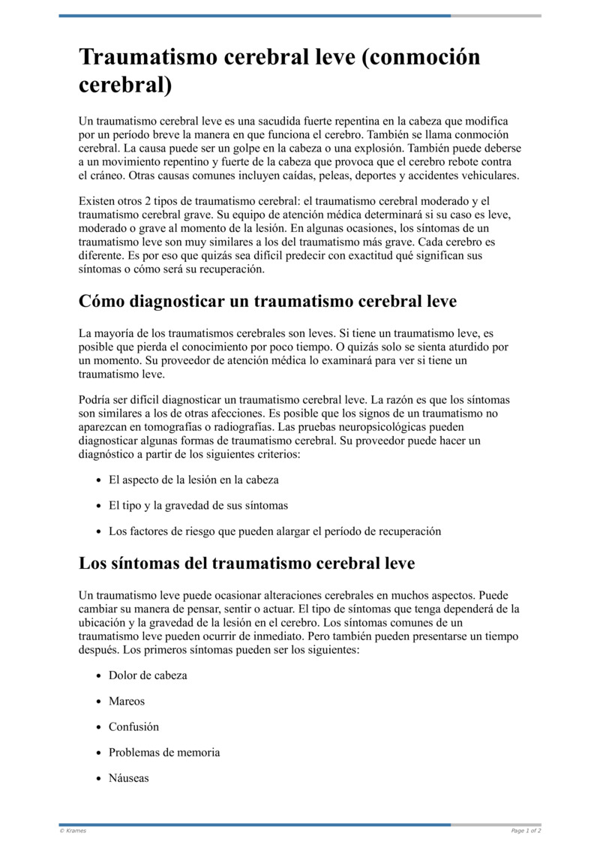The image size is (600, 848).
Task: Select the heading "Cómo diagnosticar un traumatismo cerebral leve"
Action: (x=267, y=302)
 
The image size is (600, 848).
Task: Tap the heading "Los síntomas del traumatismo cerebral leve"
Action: (x=247, y=563)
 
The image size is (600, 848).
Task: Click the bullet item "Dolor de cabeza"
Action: (x=148, y=675)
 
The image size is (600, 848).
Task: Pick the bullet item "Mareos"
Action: (x=127, y=701)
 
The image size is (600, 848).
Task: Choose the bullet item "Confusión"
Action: (x=133, y=727)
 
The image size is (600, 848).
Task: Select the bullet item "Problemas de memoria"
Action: (x=164, y=753)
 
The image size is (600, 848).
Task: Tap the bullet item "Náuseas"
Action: (x=129, y=778)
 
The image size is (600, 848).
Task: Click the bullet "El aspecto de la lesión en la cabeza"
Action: (x=193, y=480)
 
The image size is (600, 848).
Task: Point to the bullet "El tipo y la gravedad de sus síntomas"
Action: (x=198, y=506)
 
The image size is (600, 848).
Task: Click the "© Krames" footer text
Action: (x=73, y=831)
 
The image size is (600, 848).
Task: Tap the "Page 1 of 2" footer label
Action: (x=526, y=831)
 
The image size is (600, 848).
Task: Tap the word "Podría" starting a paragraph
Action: (x=95, y=400)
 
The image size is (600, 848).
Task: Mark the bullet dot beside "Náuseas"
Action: (x=99, y=779)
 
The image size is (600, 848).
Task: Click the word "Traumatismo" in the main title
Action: (x=156, y=58)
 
